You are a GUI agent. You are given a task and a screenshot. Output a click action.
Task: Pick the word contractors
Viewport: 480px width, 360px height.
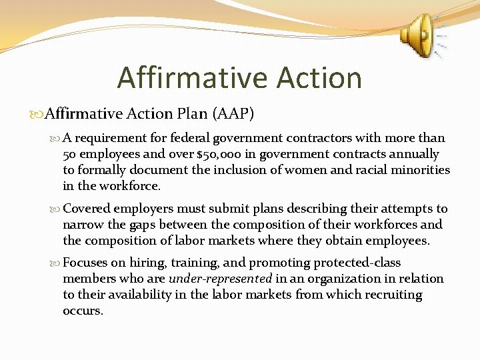click(x=320, y=138)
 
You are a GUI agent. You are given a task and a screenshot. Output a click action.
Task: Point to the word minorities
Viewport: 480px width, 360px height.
click(x=422, y=170)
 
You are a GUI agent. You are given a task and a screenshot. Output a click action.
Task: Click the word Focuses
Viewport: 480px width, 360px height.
click(x=86, y=263)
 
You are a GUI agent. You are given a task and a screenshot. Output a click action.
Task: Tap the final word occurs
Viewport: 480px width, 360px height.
click(x=83, y=311)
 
